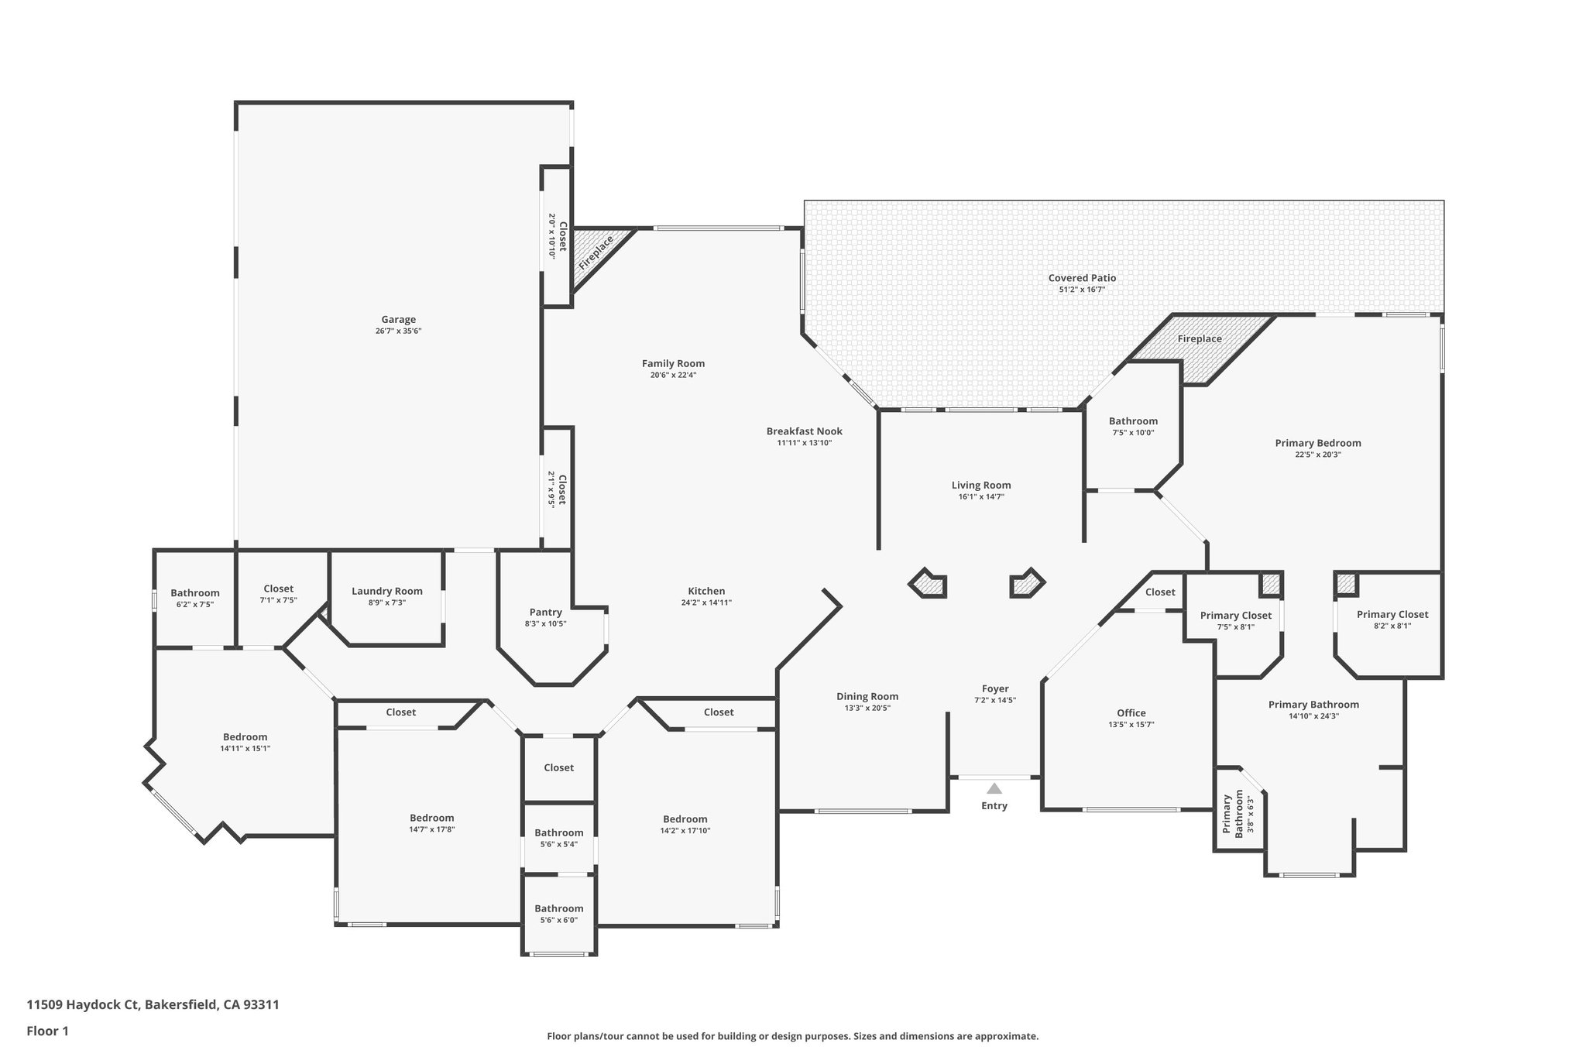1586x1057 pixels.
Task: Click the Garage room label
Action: [x=398, y=319]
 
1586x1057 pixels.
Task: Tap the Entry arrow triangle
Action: [x=994, y=789]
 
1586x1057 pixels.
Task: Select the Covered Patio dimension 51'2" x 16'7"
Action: [x=1082, y=290]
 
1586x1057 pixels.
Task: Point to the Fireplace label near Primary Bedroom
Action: [x=1200, y=339]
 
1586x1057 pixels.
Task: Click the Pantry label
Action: [x=545, y=613]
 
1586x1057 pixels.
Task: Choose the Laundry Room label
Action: [x=386, y=591]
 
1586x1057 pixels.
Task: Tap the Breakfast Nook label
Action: [x=804, y=431]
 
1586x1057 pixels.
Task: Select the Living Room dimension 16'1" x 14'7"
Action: [x=980, y=497]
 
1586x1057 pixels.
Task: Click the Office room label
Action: [x=1131, y=713]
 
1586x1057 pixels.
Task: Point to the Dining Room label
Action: [x=867, y=696]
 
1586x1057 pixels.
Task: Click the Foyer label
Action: [x=995, y=688]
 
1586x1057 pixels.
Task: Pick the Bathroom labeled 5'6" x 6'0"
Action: [x=558, y=908]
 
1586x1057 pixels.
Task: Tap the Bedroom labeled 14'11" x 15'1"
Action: [x=245, y=737]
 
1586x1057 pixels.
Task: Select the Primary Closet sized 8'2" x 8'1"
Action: [x=1392, y=615]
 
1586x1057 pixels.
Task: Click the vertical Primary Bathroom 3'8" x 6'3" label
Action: [x=1233, y=814]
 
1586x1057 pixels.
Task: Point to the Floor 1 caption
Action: [x=48, y=1031]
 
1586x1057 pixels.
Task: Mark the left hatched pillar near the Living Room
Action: [x=928, y=584]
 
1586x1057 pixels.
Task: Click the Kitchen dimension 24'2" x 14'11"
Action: [x=705, y=602]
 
